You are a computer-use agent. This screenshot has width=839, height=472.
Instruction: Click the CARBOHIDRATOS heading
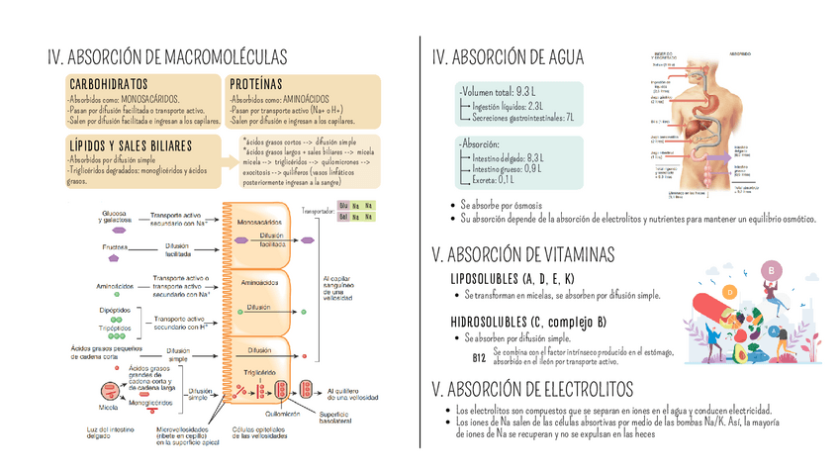pyautogui.click(x=109, y=85)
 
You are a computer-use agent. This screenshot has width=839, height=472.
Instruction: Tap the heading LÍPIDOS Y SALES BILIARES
pyautogui.click(x=135, y=145)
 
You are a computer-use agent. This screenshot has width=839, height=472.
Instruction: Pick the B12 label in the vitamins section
pyautogui.click(x=479, y=357)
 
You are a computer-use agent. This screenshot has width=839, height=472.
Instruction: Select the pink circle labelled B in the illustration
pyautogui.click(x=769, y=270)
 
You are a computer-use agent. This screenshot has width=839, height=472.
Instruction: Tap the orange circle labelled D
pyautogui.click(x=730, y=293)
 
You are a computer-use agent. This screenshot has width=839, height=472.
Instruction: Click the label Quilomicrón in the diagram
pyautogui.click(x=282, y=414)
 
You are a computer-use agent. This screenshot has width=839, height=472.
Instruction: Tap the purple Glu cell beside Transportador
pyautogui.click(x=343, y=205)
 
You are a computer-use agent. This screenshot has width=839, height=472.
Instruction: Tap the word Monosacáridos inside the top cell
pyautogui.click(x=258, y=224)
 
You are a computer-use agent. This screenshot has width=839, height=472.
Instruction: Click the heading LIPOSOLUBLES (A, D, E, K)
pyautogui.click(x=512, y=279)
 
